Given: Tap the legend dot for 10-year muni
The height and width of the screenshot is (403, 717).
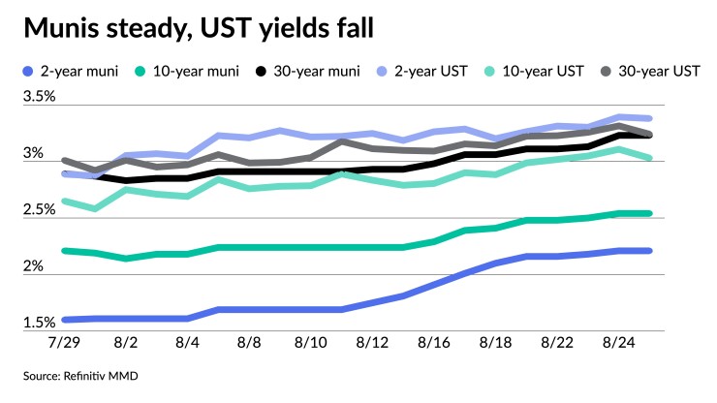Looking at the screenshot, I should click(141, 71).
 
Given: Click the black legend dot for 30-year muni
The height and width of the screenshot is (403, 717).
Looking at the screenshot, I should click(259, 71).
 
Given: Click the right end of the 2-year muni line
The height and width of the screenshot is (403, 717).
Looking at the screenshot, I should click(650, 250).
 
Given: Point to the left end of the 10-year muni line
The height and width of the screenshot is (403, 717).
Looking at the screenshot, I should click(64, 250).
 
